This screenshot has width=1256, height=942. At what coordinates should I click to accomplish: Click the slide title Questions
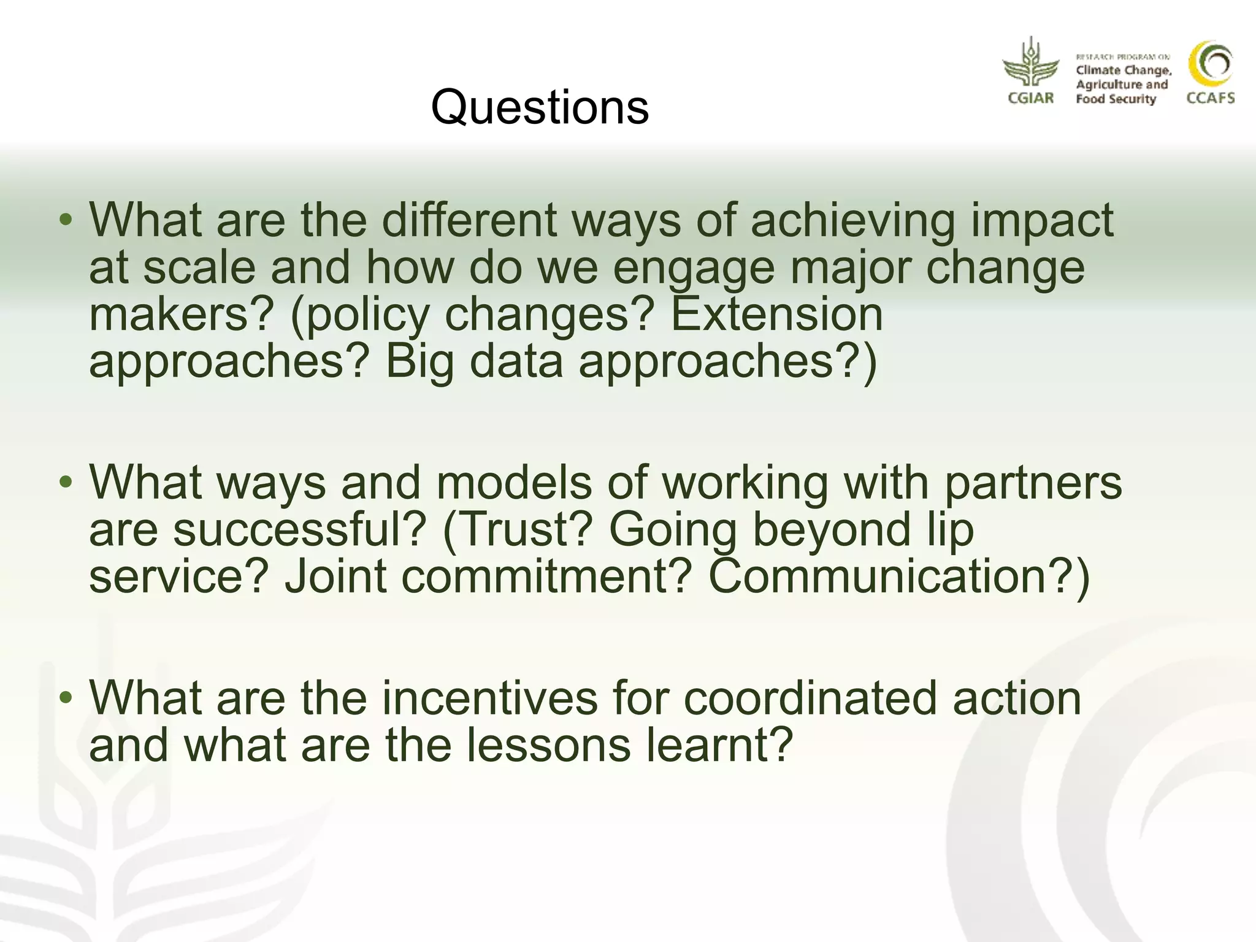pyautogui.click(x=540, y=107)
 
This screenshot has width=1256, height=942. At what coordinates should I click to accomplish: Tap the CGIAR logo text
pyautogui.click(x=1030, y=98)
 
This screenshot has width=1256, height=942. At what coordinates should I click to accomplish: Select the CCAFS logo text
pyautogui.click(x=1210, y=98)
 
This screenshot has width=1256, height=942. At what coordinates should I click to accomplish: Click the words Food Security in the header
pyautogui.click(x=1115, y=99)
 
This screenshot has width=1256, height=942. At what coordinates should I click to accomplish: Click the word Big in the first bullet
pyautogui.click(x=419, y=362)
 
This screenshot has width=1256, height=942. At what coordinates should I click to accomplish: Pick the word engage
pyautogui.click(x=694, y=269)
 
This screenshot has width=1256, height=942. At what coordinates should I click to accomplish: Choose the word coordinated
pyautogui.click(x=810, y=699)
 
